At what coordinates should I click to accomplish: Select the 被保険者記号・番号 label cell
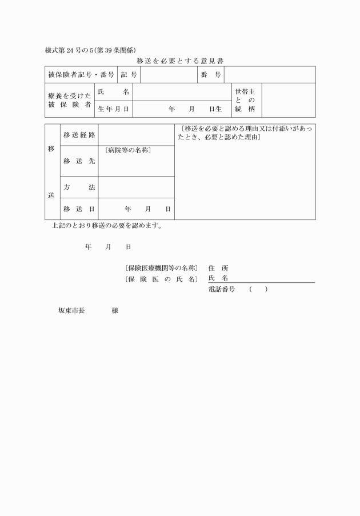coord(81,75)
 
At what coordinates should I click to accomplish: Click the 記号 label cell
coord(129,75)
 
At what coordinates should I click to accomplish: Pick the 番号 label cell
coord(211,75)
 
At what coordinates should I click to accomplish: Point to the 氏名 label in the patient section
coord(113,92)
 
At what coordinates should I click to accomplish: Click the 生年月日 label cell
coord(113,109)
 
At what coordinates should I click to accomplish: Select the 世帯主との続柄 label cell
coord(245,100)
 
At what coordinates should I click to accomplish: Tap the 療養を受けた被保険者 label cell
coord(69,100)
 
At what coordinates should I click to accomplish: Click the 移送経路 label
coord(79,135)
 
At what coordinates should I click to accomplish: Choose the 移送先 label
coord(79,161)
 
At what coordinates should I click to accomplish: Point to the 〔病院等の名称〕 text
coord(128,151)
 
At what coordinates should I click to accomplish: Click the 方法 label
coord(79,187)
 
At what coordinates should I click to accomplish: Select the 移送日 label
coord(79,209)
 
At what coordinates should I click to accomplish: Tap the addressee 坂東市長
coord(71,311)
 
